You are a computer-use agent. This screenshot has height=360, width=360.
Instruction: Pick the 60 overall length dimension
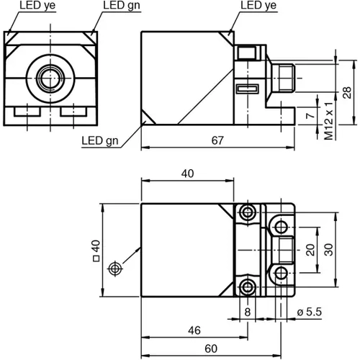tap(210, 348)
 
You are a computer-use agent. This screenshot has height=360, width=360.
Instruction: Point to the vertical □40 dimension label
tap(94, 249)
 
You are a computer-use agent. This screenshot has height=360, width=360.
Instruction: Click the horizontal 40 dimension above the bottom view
tap(189, 174)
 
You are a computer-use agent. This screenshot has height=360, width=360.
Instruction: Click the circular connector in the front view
tap(49, 76)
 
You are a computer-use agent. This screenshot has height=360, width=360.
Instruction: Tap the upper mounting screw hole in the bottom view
tap(248, 212)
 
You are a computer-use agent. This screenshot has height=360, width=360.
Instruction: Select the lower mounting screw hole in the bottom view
tap(248, 287)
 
